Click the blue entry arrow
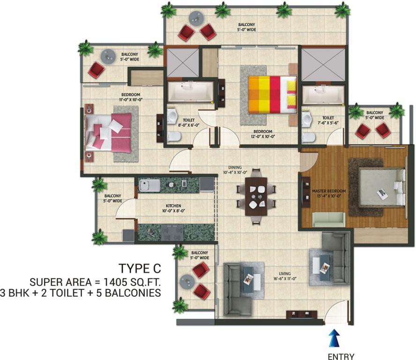[334, 338]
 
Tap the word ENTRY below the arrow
[341, 356]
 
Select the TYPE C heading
[140, 269]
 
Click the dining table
[256, 196]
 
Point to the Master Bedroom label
[329, 193]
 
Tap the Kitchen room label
[173, 208]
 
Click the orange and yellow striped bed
[273, 95]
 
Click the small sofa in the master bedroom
[329, 219]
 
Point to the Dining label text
[235, 167]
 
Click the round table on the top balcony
[197, 18]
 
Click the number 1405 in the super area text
[114, 282]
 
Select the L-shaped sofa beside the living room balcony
[238, 289]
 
